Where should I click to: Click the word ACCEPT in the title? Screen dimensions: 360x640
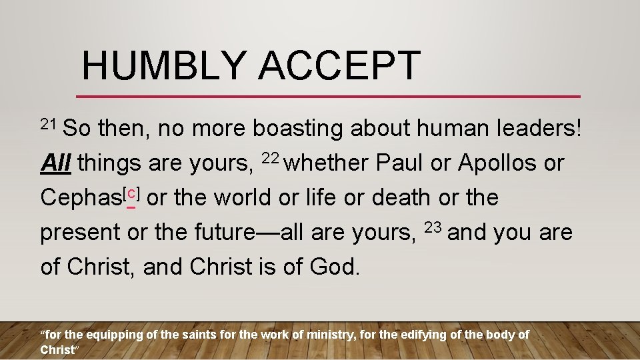[x=339, y=65]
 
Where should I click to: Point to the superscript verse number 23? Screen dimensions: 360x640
[x=433, y=227]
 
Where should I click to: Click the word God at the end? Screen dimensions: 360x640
[x=333, y=267]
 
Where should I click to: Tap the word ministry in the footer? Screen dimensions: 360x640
[x=331, y=335]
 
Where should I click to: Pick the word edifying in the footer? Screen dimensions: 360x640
[x=424, y=335]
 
